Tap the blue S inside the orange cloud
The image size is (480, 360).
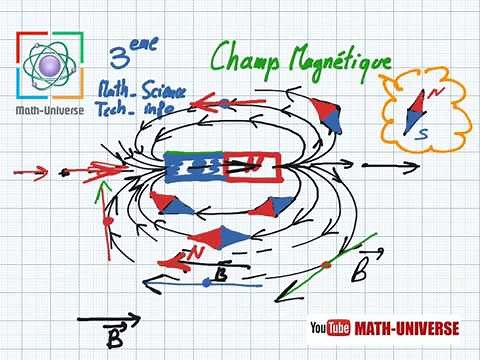[425, 133]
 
